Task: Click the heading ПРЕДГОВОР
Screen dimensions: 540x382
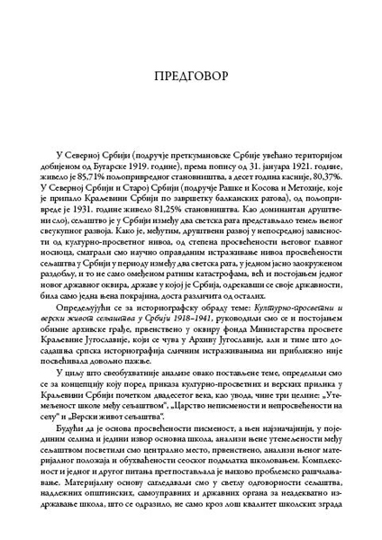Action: click(191, 71)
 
